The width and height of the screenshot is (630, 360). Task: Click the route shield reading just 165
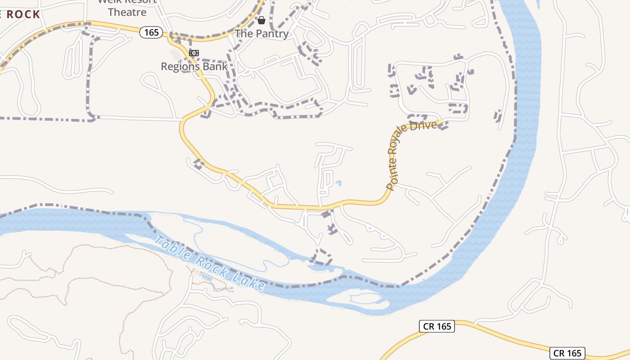click(x=151, y=32)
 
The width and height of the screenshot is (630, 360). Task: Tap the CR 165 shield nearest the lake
click(x=437, y=326)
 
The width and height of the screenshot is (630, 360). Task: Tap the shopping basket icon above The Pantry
click(x=261, y=20)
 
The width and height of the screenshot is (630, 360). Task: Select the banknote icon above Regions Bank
click(x=194, y=53)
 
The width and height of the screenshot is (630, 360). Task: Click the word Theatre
click(x=127, y=12)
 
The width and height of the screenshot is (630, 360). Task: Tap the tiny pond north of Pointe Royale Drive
click(x=338, y=183)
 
